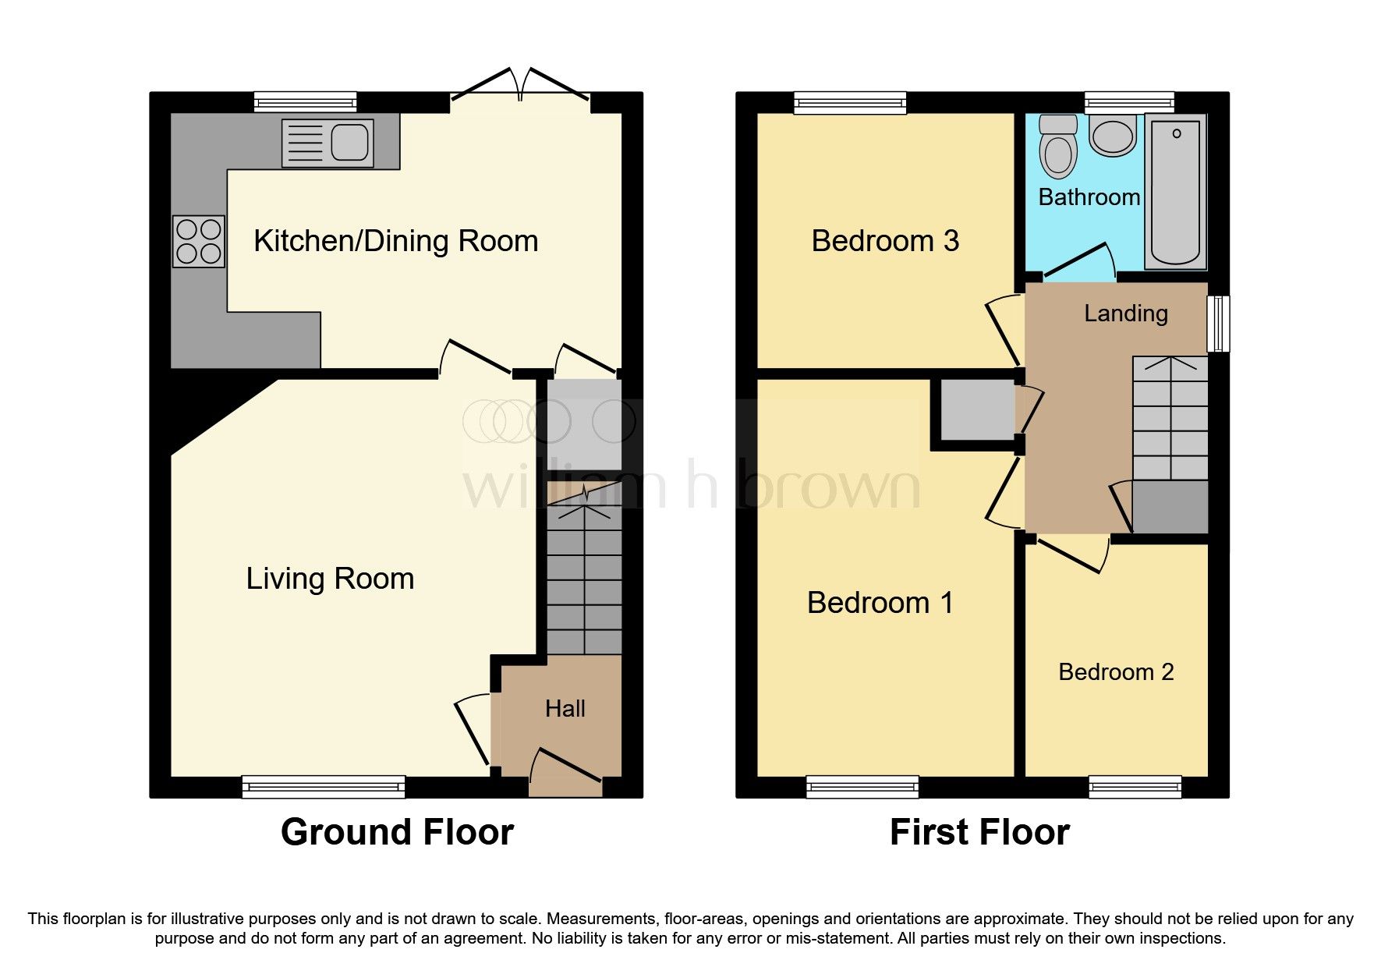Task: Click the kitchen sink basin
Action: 349,143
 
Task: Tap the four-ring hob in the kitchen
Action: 199,242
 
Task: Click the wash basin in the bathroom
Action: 1113,137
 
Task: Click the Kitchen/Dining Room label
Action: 395,241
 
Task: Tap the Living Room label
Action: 330,579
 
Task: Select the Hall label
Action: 565,708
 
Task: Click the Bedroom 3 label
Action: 885,241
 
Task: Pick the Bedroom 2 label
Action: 1116,672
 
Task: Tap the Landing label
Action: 1125,313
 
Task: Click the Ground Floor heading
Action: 397,832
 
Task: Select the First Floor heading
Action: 979,832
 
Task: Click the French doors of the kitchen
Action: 519,86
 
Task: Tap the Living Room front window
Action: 323,786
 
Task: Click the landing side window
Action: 1217,323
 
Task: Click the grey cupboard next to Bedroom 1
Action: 976,410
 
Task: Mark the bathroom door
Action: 1076,261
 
